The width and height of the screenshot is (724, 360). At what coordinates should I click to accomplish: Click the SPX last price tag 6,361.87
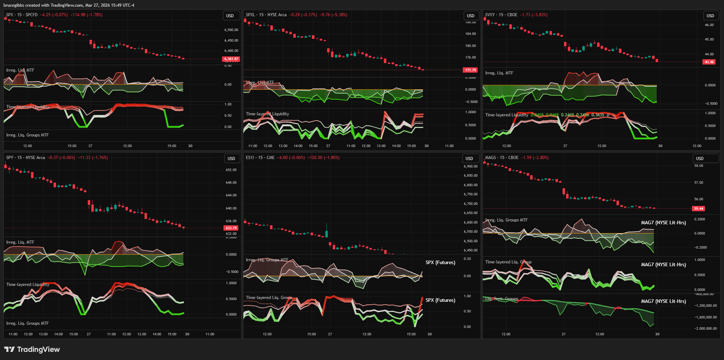coord(231,59)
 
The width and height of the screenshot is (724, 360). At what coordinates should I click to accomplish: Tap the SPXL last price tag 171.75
coord(470,70)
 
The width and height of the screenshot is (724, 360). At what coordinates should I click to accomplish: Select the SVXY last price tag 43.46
coord(709,62)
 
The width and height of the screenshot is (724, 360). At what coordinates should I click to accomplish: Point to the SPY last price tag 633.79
coord(231,228)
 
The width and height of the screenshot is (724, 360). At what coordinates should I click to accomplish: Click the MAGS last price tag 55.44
coord(699,208)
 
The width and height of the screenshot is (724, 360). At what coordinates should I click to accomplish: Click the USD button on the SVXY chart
coord(710,16)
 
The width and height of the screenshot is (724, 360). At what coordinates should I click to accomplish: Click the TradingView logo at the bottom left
coord(32,349)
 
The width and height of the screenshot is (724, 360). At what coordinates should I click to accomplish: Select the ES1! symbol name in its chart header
coord(250,158)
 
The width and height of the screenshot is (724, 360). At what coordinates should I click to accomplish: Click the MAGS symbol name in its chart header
coord(490,158)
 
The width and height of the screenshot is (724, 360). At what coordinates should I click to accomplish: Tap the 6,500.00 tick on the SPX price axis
coord(231,30)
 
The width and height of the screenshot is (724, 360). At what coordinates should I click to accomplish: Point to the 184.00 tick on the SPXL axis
coord(471,34)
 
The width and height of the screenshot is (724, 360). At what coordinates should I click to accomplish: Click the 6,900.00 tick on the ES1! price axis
coord(471,166)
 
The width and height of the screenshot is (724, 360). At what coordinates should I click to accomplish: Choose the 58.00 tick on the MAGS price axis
coord(699,166)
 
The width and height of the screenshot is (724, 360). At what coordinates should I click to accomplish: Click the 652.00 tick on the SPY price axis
coord(231,170)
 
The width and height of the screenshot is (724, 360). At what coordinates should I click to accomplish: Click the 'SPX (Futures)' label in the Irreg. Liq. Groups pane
coord(440,262)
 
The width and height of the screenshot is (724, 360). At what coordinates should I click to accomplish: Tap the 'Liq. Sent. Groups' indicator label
coord(502,299)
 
